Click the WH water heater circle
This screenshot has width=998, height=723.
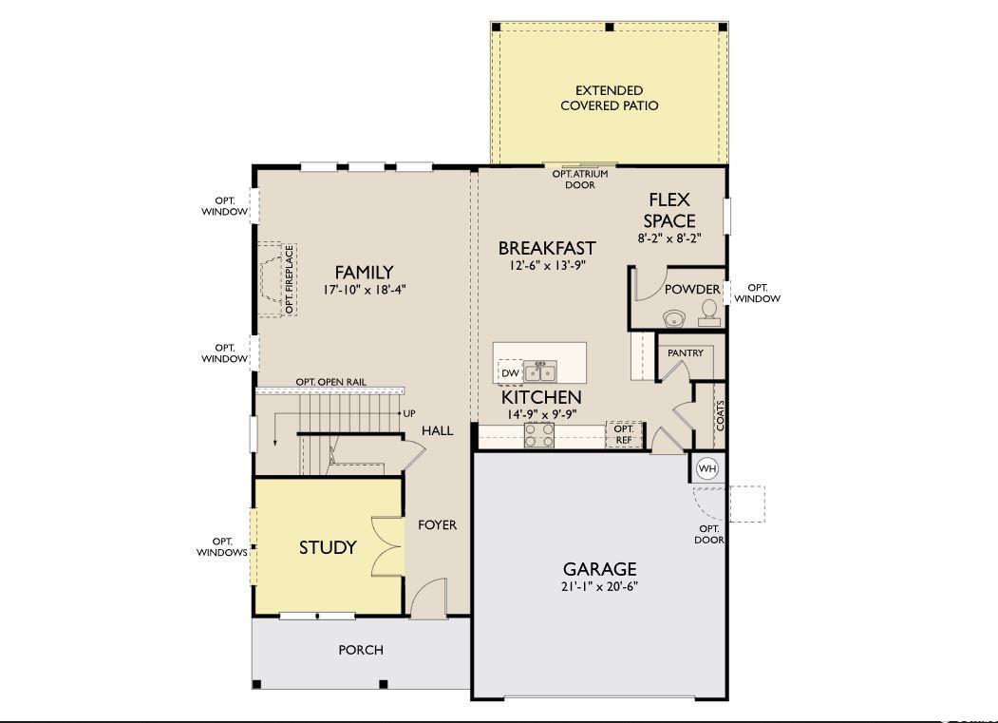click(707, 468)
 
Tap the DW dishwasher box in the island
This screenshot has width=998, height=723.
click(510, 372)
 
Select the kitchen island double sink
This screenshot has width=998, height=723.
click(540, 371)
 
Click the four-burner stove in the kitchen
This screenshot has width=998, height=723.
click(539, 436)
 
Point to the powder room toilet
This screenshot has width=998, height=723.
click(708, 314)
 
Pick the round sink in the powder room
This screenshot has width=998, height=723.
click(673, 317)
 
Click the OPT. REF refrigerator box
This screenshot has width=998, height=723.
click(624, 434)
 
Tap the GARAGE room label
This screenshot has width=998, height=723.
click(599, 568)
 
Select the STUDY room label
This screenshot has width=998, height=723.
click(328, 547)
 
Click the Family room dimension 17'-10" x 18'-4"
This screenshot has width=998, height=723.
click(365, 290)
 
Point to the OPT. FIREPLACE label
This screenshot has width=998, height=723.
click(290, 279)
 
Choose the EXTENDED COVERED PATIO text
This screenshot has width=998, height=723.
click(609, 98)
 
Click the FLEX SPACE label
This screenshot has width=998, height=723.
click(668, 210)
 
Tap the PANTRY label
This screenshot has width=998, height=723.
click(686, 352)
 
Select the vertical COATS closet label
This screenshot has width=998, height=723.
click(720, 415)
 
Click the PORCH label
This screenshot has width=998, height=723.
click(361, 650)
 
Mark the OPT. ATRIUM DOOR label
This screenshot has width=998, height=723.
click(580, 179)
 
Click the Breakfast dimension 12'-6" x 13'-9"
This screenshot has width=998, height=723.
click(547, 265)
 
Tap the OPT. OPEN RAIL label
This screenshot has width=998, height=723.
click(331, 382)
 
